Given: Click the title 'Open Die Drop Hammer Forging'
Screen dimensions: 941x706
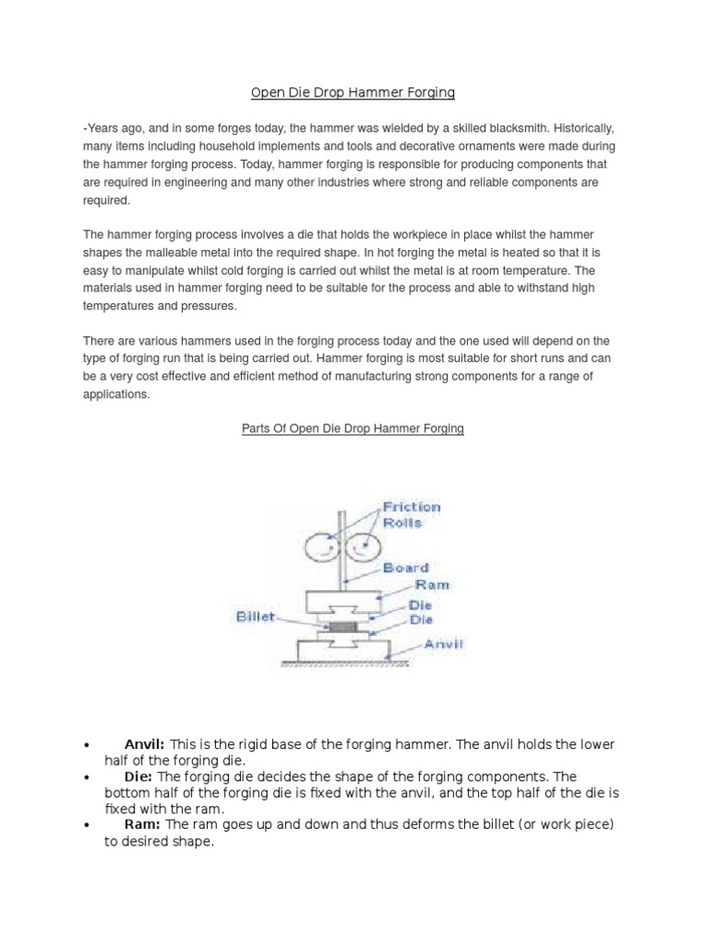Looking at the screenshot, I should pyautogui.click(x=354, y=93).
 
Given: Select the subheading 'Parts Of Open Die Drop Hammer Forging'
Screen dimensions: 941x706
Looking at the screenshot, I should pyautogui.click(x=354, y=429).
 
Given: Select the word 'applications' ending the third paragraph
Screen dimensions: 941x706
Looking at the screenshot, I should pyautogui.click(x=116, y=393).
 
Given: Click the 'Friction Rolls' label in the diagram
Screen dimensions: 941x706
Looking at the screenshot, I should pyautogui.click(x=411, y=515).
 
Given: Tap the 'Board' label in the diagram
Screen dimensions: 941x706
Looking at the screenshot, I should pyautogui.click(x=405, y=568).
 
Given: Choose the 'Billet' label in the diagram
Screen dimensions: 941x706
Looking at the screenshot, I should pyautogui.click(x=253, y=618).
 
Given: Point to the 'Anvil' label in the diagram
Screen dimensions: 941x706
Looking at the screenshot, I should pyautogui.click(x=443, y=645).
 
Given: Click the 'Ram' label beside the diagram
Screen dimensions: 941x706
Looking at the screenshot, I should pyautogui.click(x=432, y=584).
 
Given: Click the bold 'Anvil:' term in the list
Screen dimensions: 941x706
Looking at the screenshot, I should pyautogui.click(x=144, y=743).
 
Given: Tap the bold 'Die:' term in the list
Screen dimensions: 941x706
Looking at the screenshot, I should pyautogui.click(x=139, y=777).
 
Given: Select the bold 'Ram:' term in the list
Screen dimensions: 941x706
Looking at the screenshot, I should pyautogui.click(x=143, y=824).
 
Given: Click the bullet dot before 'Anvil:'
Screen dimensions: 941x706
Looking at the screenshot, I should pyautogui.click(x=85, y=744).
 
